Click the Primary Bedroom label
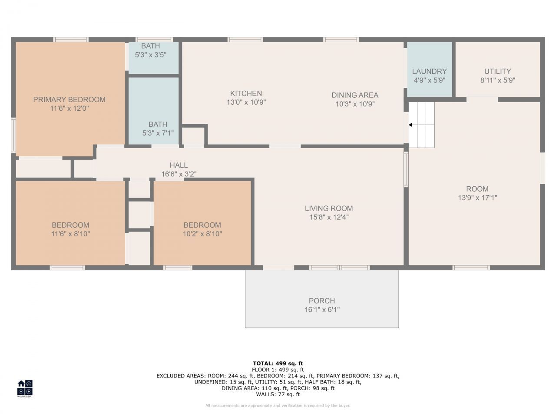(69, 99)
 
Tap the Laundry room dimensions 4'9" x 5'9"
(429, 80)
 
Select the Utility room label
(497, 71)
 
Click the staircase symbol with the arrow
(422, 125)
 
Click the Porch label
(321, 301)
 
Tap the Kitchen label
(246, 93)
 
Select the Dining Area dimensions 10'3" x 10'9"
(354, 104)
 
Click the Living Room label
(328, 208)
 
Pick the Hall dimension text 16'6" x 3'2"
(179, 174)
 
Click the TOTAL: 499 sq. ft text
(278, 363)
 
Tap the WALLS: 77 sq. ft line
(278, 394)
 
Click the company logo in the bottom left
(25, 388)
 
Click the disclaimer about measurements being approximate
(278, 406)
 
